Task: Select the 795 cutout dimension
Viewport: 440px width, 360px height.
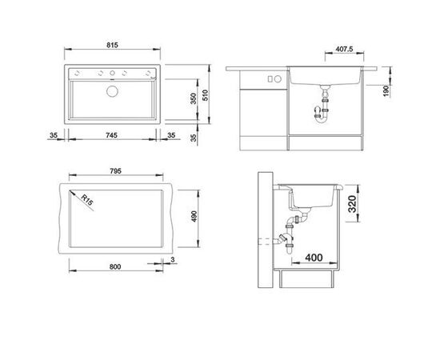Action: tap(117, 173)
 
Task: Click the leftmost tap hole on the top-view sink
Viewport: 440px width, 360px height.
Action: tap(99, 74)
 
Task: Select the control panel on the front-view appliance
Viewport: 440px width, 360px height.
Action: tap(271, 79)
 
